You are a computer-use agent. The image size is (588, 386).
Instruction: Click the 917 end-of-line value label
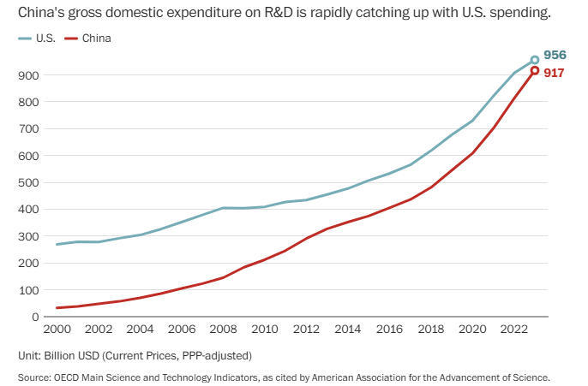pyautogui.click(x=554, y=73)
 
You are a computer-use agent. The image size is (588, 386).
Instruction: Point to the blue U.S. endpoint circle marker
pyautogui.click(x=535, y=60)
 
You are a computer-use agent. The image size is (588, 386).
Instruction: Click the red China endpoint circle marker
pyautogui.click(x=535, y=70)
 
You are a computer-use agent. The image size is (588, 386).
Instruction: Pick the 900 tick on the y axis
pyautogui.click(x=28, y=75)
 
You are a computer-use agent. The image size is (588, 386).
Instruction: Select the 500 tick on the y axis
pyautogui.click(x=28, y=182)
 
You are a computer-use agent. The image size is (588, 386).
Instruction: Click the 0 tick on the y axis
pyautogui.click(x=35, y=317)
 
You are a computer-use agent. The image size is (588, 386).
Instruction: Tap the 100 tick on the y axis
pyautogui.click(x=28, y=290)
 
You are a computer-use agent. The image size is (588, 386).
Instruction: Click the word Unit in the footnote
pyautogui.click(x=28, y=354)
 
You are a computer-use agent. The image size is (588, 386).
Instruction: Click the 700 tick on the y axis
pyautogui.click(x=28, y=128)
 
